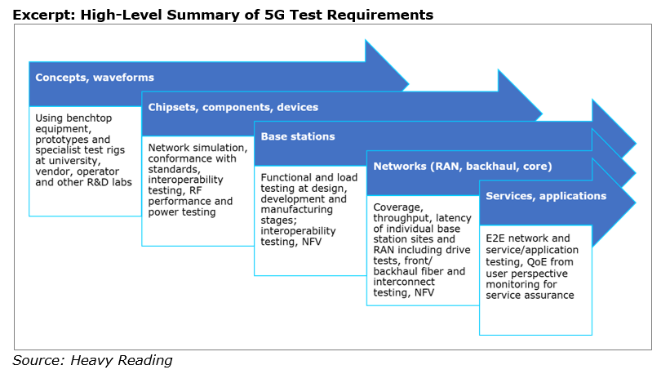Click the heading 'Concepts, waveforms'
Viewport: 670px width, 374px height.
point(95,78)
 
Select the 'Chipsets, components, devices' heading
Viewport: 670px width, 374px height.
point(233,107)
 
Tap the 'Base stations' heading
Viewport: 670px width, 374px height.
point(298,136)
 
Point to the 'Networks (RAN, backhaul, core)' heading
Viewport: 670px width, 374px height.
point(463,167)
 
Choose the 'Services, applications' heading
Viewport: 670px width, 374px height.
point(546,196)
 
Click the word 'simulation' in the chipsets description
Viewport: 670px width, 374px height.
point(221,148)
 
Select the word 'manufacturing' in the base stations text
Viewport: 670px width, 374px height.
point(296,209)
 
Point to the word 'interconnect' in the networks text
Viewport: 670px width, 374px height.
point(404,282)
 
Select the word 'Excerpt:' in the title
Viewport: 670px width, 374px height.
point(44,16)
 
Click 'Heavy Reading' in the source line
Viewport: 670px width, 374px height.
point(122,360)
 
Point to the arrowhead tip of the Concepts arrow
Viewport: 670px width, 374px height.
point(409,84)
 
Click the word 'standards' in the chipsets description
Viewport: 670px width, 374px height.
point(174,169)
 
